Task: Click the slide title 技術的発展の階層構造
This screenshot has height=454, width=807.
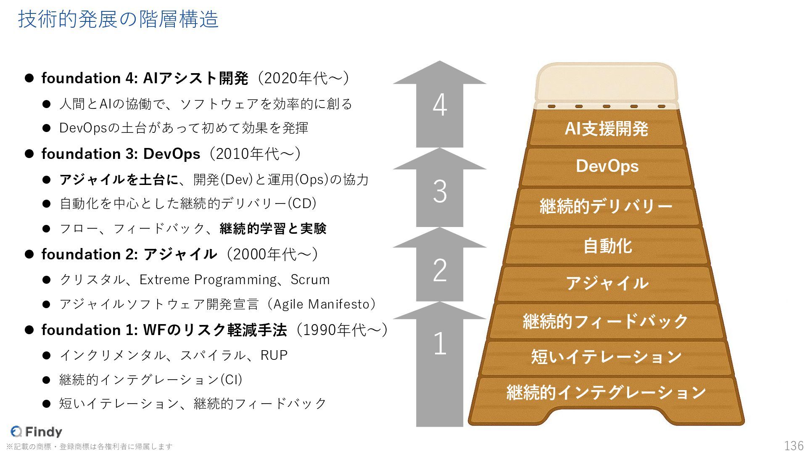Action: [118, 19]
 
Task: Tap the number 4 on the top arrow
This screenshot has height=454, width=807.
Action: [440, 105]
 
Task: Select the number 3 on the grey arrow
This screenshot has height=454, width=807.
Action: [440, 192]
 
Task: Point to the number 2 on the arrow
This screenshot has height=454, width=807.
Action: [440, 270]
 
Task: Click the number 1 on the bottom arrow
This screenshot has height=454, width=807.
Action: [440, 343]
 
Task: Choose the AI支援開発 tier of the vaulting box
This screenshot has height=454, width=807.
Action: [606, 129]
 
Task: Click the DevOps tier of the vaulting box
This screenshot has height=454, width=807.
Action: [607, 166]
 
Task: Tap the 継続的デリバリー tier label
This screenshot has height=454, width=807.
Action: [606, 206]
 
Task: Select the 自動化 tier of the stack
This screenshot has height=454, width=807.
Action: [607, 246]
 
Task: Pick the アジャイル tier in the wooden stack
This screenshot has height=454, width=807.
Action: [607, 283]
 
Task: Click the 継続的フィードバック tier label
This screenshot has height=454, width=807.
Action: [606, 321]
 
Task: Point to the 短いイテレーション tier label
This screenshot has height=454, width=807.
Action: [606, 357]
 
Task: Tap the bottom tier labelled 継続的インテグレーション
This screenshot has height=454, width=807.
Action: [606, 393]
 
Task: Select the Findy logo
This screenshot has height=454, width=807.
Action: [36, 431]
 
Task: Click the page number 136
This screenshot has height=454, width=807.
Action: [794, 446]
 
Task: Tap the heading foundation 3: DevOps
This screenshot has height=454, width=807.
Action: [121, 154]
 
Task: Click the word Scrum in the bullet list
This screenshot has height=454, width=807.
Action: [310, 280]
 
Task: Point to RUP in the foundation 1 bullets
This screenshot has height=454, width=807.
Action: [274, 355]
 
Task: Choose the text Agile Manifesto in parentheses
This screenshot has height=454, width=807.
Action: [321, 304]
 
